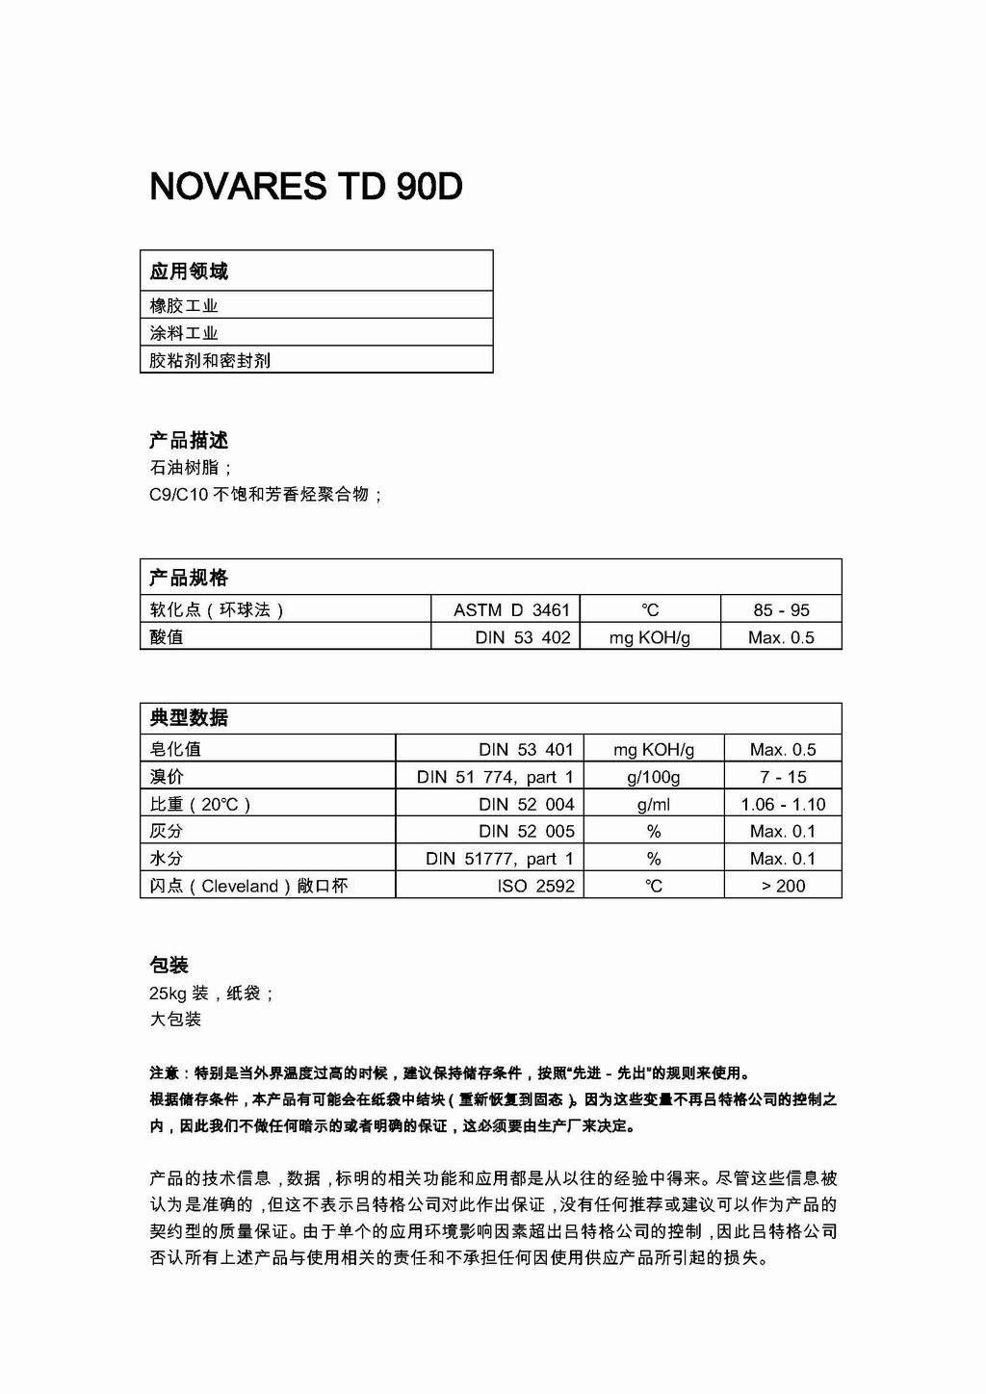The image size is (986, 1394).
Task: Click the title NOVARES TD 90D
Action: coord(306,187)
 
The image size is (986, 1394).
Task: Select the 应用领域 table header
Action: coord(189,271)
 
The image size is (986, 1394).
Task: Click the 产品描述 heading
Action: coord(189,441)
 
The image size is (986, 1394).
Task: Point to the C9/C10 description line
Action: coord(266,495)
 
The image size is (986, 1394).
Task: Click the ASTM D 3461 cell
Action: coord(511,609)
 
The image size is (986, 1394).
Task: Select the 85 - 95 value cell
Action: coord(781,609)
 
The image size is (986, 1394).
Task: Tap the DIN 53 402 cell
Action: coord(522,637)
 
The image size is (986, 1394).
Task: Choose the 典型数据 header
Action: coord(189,718)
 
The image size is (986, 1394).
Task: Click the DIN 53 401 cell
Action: coord(526,749)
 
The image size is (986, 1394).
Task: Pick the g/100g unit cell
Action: coord(654,777)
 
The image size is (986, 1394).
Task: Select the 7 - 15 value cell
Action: coord(783,777)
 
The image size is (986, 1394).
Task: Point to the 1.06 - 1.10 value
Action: coord(783,804)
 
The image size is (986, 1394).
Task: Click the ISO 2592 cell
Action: coord(535,886)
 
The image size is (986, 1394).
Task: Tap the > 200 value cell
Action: coord(783,886)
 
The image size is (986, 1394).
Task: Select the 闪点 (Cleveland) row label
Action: coord(248,886)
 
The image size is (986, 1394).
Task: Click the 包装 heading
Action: coord(169,966)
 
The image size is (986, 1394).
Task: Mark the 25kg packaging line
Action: coord(212,993)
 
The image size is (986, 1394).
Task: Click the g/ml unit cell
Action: coord(654,804)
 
